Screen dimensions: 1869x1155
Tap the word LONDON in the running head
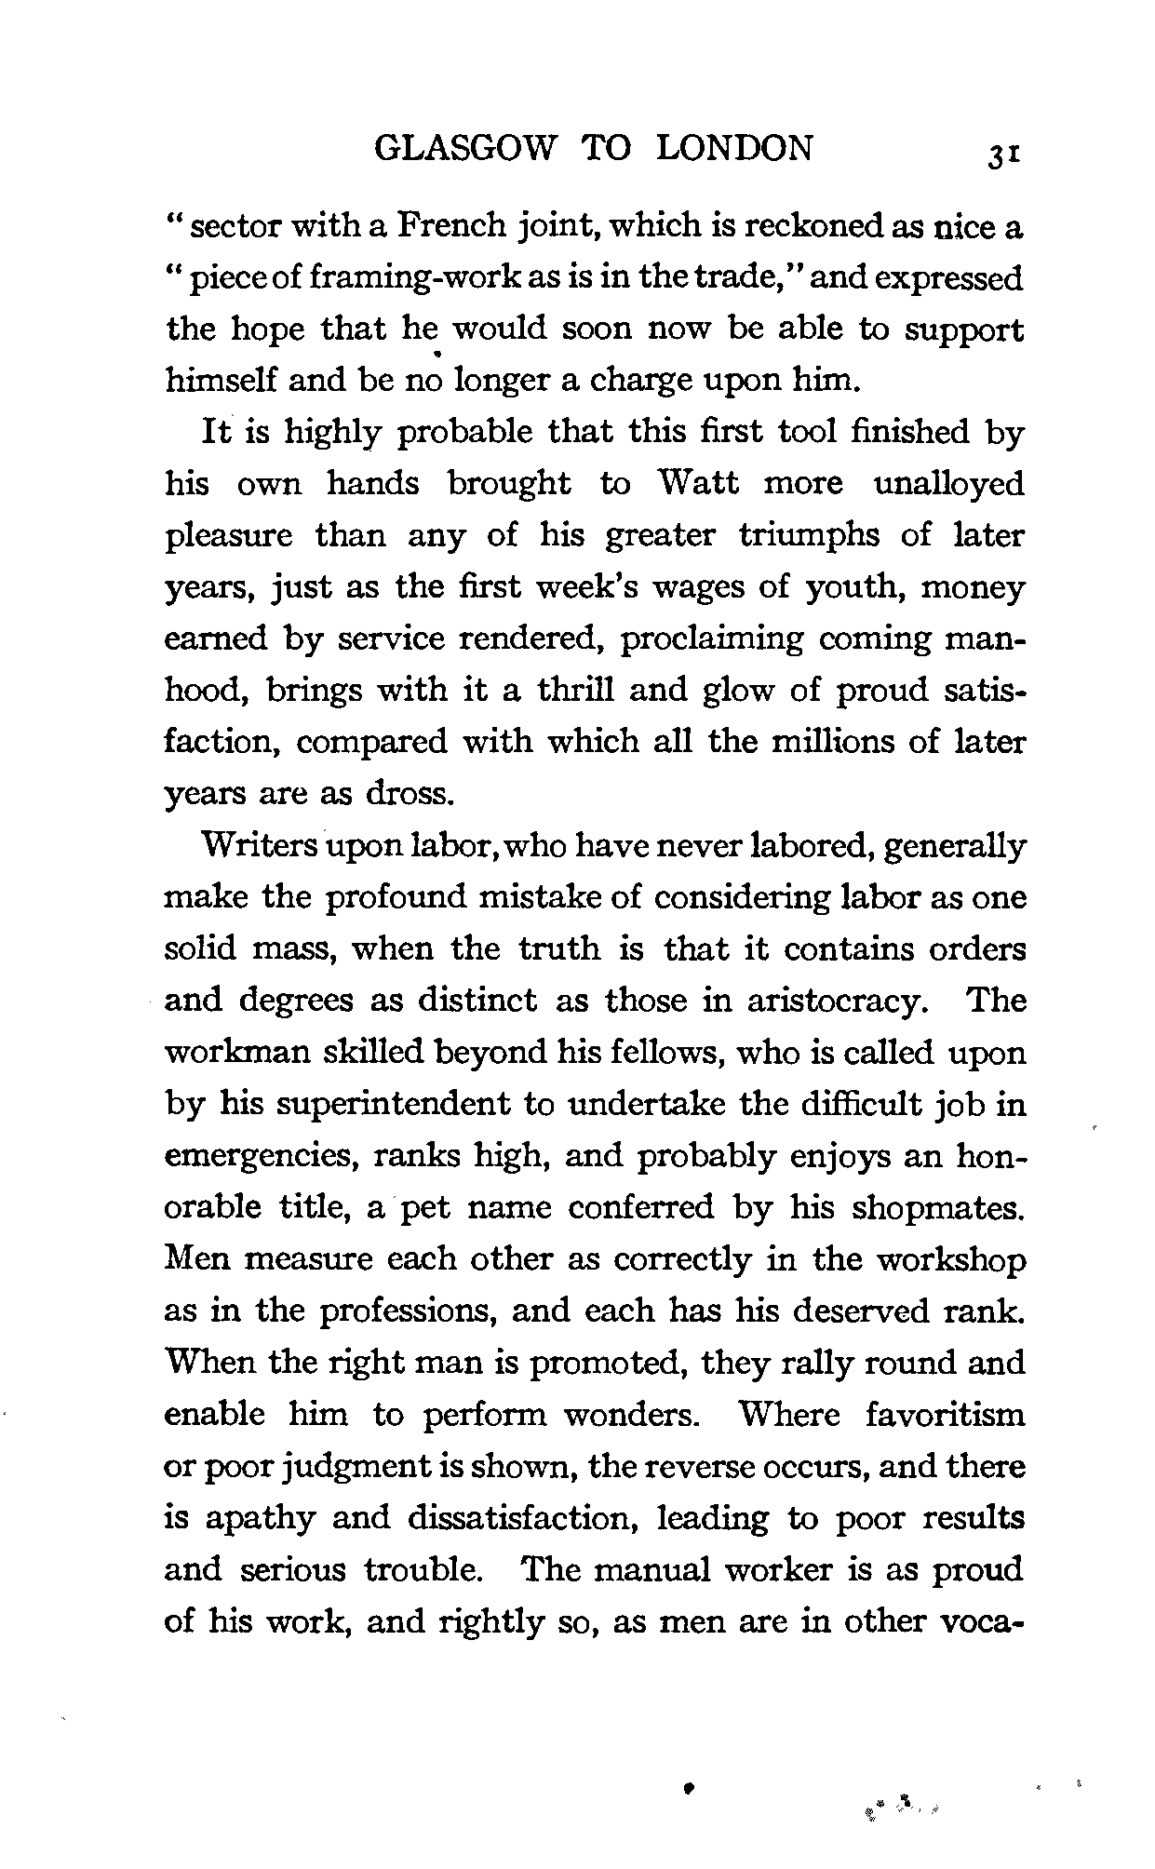(x=734, y=148)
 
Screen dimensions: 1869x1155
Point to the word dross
(x=410, y=795)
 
